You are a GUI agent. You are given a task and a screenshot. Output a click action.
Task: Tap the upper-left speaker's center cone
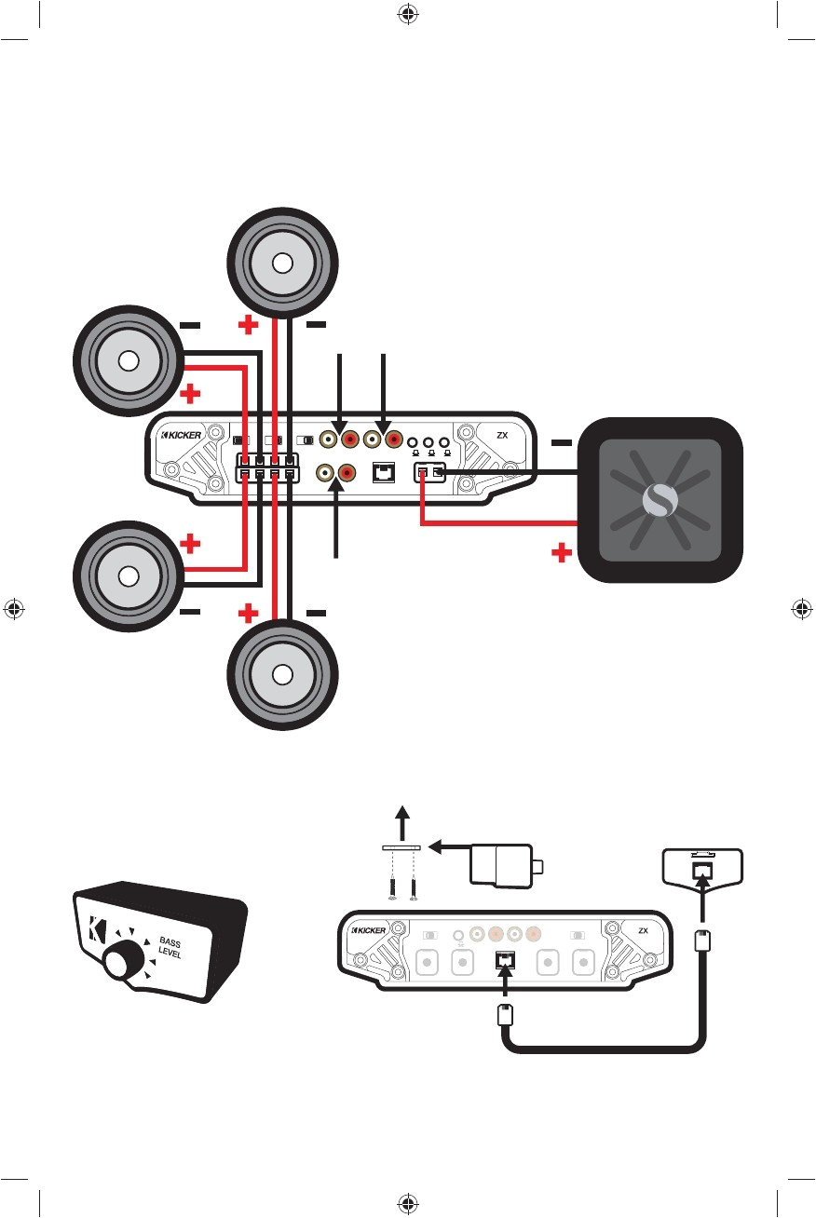click(x=129, y=361)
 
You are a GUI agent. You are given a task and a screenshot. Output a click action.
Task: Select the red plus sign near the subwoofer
click(x=560, y=555)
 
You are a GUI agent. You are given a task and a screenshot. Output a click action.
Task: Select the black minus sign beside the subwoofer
click(x=560, y=444)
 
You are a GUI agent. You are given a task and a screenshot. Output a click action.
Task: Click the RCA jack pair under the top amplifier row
click(x=334, y=474)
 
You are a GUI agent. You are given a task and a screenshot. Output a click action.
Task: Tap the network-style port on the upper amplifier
click(x=383, y=474)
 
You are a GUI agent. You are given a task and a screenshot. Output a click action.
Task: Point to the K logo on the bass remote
click(x=98, y=929)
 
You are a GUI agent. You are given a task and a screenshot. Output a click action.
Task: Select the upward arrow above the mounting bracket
click(x=401, y=823)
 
